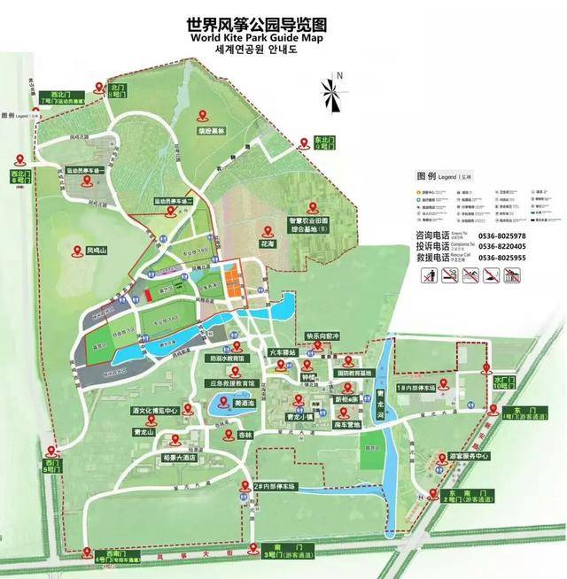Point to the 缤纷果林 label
click(211, 130)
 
